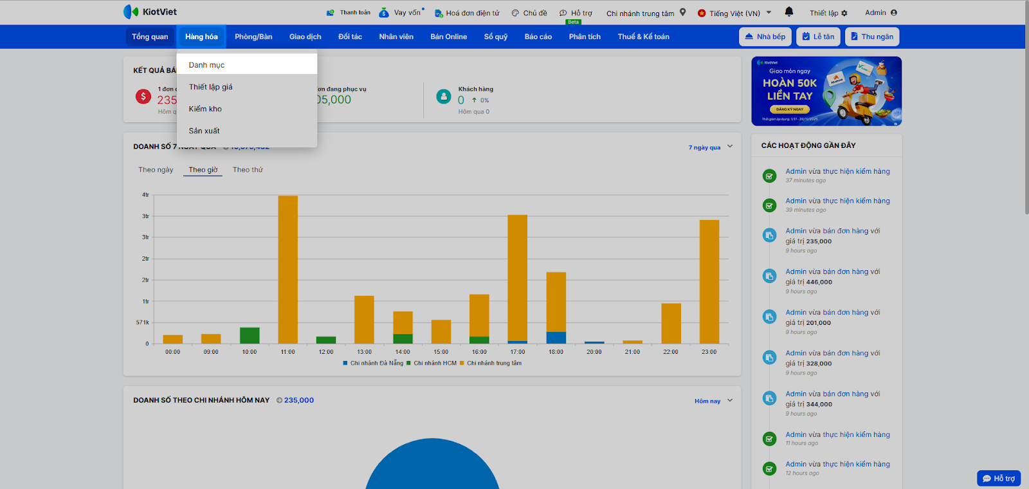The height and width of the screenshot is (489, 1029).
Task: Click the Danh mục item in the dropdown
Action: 207,65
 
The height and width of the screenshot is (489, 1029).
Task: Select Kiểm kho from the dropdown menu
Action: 205,109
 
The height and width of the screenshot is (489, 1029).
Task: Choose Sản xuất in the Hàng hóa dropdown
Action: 205,131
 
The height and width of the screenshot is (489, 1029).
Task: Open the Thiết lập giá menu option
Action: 211,87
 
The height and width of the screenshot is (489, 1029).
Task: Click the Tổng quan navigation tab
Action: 150,37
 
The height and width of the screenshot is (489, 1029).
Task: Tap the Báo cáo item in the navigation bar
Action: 538,37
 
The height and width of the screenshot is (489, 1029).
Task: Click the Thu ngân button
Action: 871,37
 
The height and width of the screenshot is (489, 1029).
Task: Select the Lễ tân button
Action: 818,37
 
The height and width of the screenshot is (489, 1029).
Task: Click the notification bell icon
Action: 789,12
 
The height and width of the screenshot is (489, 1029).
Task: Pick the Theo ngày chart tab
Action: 156,170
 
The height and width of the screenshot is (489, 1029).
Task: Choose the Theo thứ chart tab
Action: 248,170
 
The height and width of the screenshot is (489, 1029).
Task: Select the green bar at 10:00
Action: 250,335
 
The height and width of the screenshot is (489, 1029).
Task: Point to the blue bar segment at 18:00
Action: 556,337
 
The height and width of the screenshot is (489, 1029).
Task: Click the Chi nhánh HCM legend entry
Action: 435,363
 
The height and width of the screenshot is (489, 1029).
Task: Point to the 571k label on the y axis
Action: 143,322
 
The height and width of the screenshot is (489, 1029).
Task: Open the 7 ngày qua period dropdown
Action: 710,147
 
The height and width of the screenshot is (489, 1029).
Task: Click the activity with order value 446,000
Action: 833,277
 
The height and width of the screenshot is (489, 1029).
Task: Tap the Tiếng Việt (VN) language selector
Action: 734,13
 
